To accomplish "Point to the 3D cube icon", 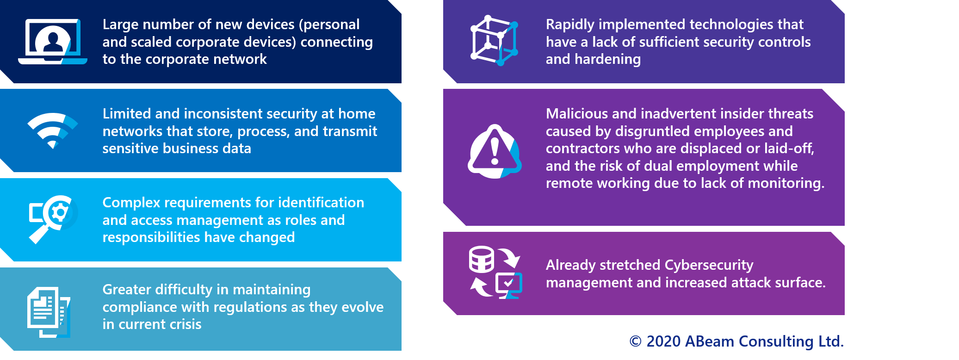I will (x=494, y=40).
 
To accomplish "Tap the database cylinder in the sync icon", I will (x=481, y=259).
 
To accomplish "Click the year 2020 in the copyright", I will (x=663, y=341).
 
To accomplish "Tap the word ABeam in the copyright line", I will (x=709, y=341).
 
